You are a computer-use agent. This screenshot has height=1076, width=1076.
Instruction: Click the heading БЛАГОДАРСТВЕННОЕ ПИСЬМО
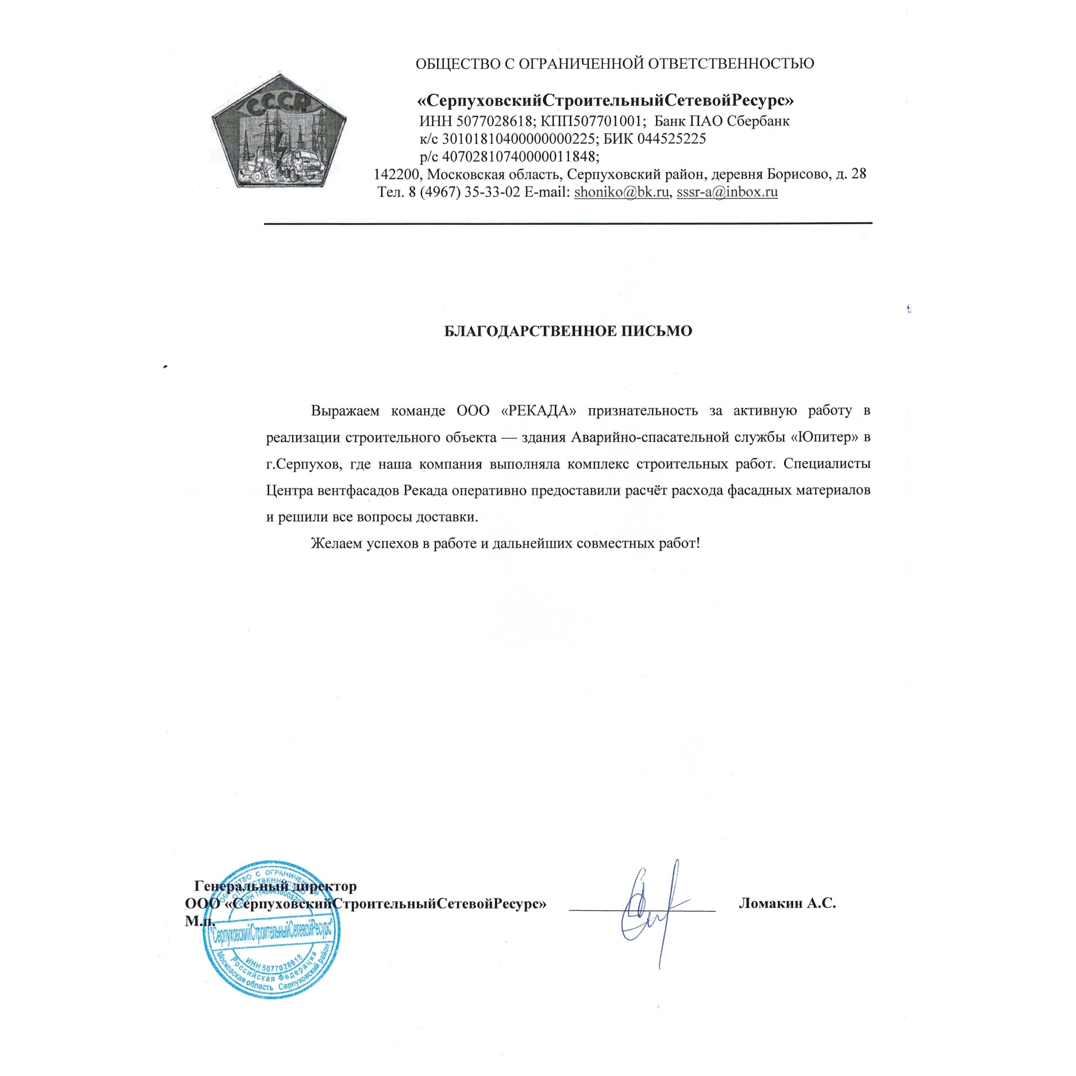pyautogui.click(x=568, y=331)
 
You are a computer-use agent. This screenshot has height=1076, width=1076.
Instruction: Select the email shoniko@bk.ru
pyautogui.click(x=621, y=193)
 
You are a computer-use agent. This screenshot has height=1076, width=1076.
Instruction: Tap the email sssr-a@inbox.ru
pyautogui.click(x=727, y=193)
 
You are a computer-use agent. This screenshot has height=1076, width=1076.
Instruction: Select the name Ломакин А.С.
pyautogui.click(x=787, y=903)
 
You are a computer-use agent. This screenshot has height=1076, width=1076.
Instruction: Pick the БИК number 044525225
pyautogui.click(x=672, y=139)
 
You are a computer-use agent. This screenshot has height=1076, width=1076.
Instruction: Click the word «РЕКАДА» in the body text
pyautogui.click(x=538, y=411)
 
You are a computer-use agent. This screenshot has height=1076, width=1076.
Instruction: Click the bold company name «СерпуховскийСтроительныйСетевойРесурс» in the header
pyautogui.click(x=606, y=101)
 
